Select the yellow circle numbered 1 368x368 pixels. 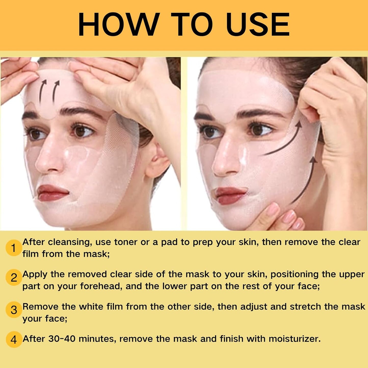point(13,249)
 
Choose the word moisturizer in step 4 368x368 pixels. point(294,339)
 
